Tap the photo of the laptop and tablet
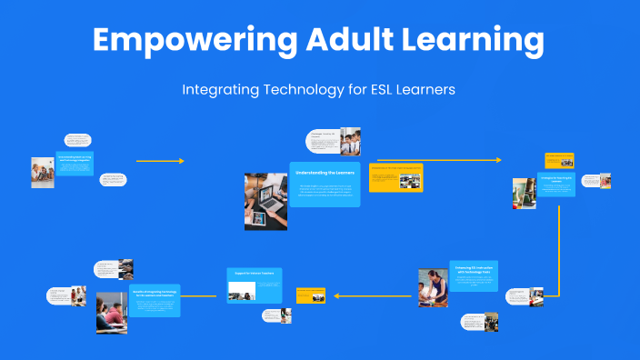click(x=265, y=201)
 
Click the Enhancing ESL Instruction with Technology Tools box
click(x=474, y=275)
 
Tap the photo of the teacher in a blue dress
click(x=433, y=288)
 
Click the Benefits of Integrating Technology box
click(x=155, y=300)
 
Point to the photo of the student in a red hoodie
click(x=112, y=313)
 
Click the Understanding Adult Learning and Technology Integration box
click(x=74, y=163)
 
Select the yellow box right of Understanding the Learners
click(x=396, y=177)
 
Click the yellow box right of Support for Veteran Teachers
click(x=310, y=295)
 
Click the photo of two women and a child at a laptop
click(x=42, y=173)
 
